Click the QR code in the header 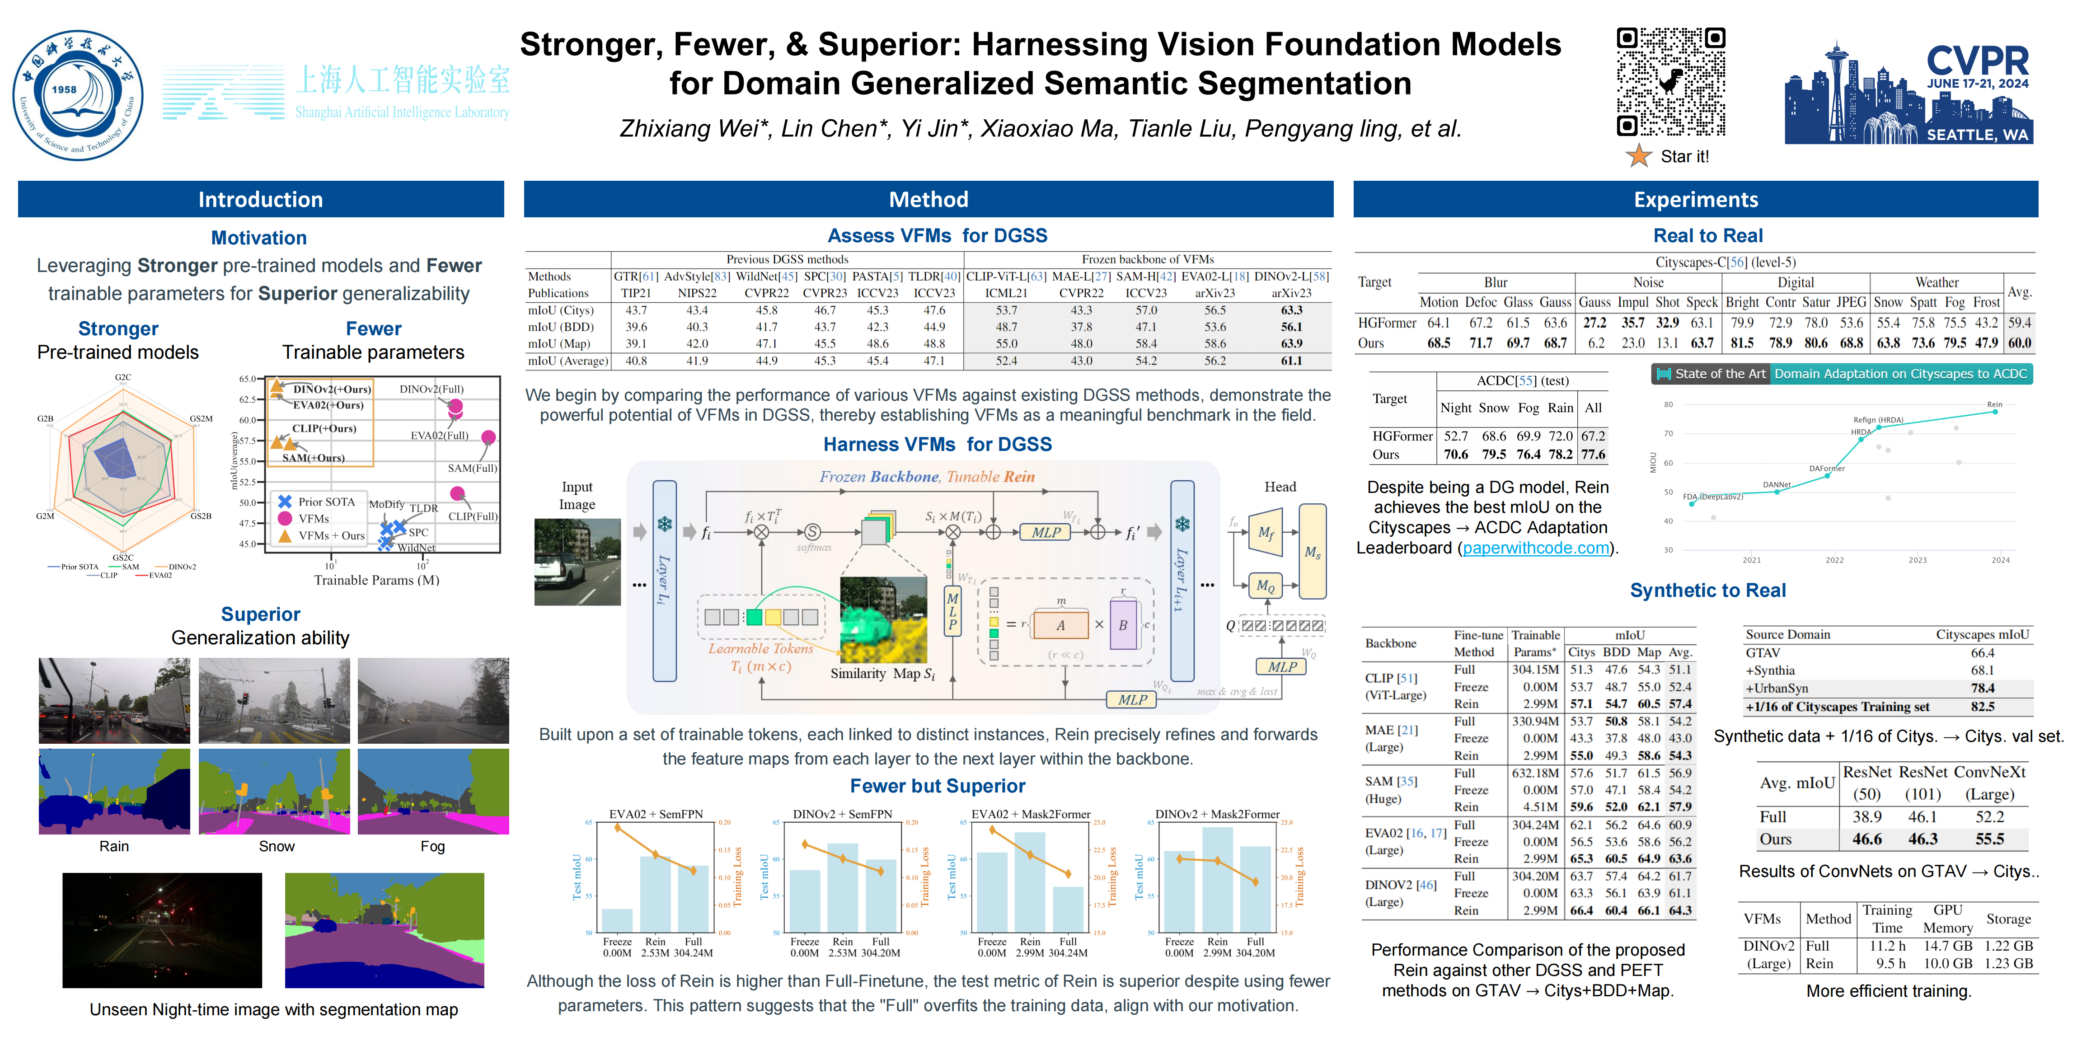(x=1670, y=82)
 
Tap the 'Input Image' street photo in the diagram (x=577, y=562)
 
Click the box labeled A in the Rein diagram (x=1060, y=625)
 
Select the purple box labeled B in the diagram (x=1123, y=625)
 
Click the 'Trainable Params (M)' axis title (x=377, y=580)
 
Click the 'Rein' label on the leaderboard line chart (x=1994, y=404)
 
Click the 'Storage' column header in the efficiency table (x=2007, y=919)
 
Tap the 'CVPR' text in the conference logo (x=1977, y=61)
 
